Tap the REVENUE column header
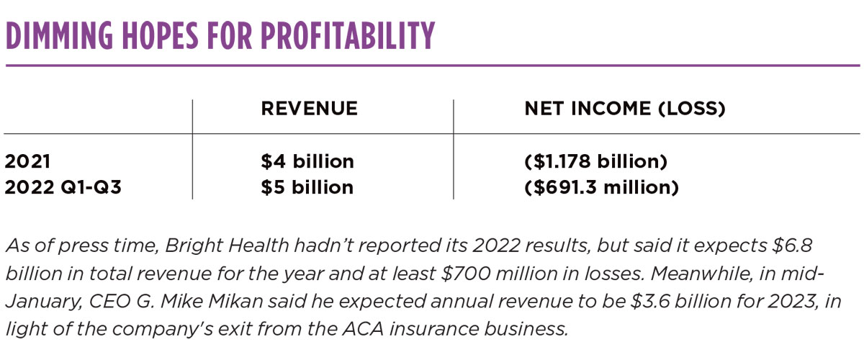pos(309,109)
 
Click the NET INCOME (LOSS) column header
pos(624,109)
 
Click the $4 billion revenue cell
pos(307,161)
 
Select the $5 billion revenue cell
pos(307,187)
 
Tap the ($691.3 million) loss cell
pos(601,187)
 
